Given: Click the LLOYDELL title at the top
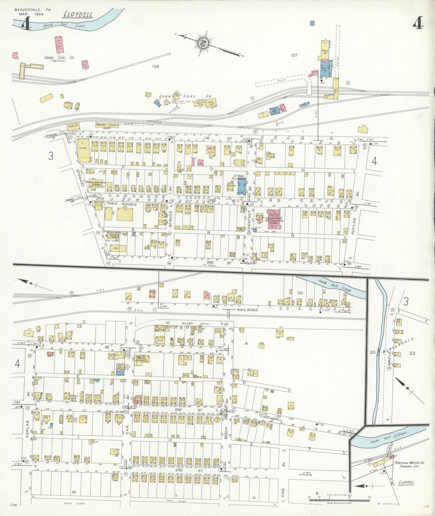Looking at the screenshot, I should [78, 14].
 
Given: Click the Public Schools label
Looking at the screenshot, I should [122, 204].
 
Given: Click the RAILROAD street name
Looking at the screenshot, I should [247, 309].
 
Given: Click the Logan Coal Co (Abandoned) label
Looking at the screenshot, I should [59, 58].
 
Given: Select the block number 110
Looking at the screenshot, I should [300, 293].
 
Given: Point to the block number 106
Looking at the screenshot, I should [155, 67].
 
